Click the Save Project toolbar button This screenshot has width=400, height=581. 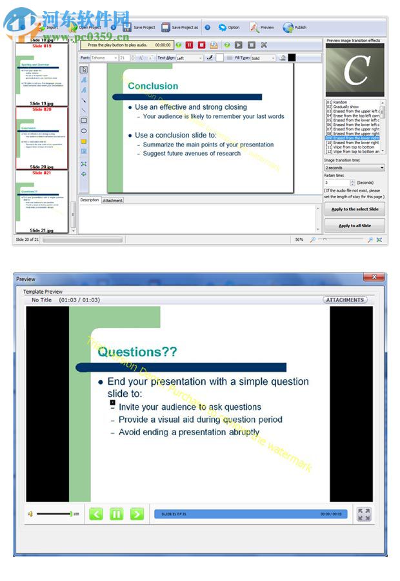pos(139,28)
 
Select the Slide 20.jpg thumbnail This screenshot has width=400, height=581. pos(41,137)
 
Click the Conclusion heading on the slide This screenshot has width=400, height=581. pos(153,86)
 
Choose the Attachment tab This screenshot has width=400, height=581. pos(112,201)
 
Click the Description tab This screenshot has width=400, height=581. pos(90,200)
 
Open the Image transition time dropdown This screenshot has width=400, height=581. pos(354,168)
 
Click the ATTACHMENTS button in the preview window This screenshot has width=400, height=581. pos(345,300)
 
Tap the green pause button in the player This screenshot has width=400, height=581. pos(116,514)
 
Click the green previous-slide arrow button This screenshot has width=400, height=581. pos(96,514)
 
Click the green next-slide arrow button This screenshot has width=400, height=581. pos(137,514)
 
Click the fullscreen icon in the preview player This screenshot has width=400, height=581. pos(364,514)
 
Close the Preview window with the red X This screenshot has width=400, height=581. pos(374,278)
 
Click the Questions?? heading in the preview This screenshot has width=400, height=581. pos(137,352)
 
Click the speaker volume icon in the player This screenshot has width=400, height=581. pos(30,514)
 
